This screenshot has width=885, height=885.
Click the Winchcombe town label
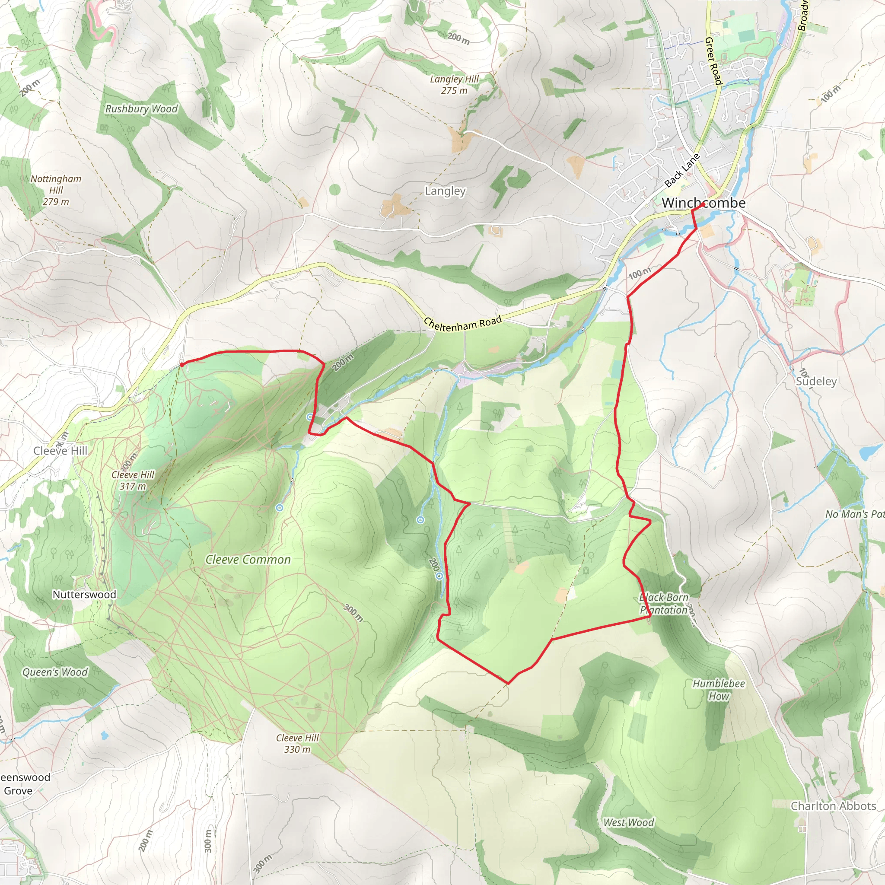point(703,203)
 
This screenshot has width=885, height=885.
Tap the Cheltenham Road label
point(463,323)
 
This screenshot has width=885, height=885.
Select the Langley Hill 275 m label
point(454,85)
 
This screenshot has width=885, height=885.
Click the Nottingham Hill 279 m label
point(56,190)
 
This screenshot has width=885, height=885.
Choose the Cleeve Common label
point(248,559)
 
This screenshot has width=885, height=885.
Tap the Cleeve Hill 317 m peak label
point(133,480)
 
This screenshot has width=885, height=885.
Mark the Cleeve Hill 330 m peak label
point(297,743)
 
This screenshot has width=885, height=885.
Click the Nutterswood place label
point(84,594)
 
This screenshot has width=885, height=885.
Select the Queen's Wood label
point(55,672)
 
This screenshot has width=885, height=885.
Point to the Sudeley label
point(816,381)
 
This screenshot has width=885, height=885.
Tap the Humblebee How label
point(718,690)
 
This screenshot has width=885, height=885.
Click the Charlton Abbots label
point(833,806)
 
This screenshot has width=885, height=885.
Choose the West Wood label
point(628,823)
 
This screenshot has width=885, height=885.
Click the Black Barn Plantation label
point(664,603)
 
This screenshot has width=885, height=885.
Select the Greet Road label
point(713,61)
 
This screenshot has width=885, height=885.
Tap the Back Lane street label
point(681,170)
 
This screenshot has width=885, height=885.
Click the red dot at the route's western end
point(182,365)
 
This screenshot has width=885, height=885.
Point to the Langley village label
point(445,191)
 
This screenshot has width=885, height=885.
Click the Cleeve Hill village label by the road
point(60,451)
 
